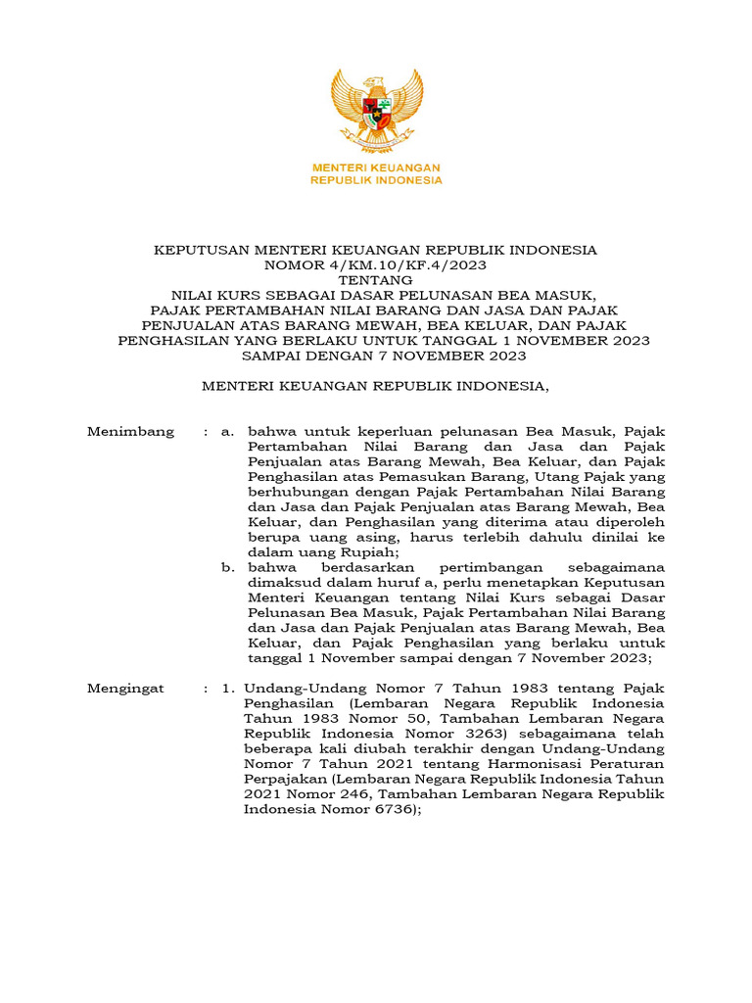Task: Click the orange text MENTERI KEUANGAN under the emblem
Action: point(376,167)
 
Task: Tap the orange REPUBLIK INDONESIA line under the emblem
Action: point(376,180)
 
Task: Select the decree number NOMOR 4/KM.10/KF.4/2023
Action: point(376,264)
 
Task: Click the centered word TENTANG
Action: point(376,279)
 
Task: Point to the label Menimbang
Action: point(131,431)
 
